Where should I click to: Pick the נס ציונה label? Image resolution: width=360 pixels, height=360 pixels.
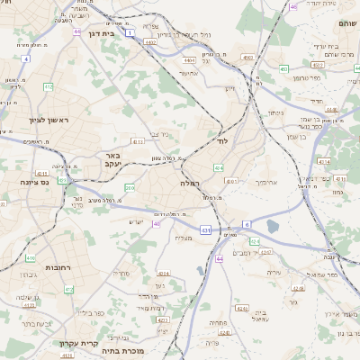28,181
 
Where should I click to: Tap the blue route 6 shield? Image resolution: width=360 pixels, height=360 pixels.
246,224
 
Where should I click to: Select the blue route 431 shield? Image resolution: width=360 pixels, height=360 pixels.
205,230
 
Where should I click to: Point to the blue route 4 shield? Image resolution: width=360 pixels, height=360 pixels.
26,58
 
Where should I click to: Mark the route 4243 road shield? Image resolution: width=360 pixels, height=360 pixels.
163,273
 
